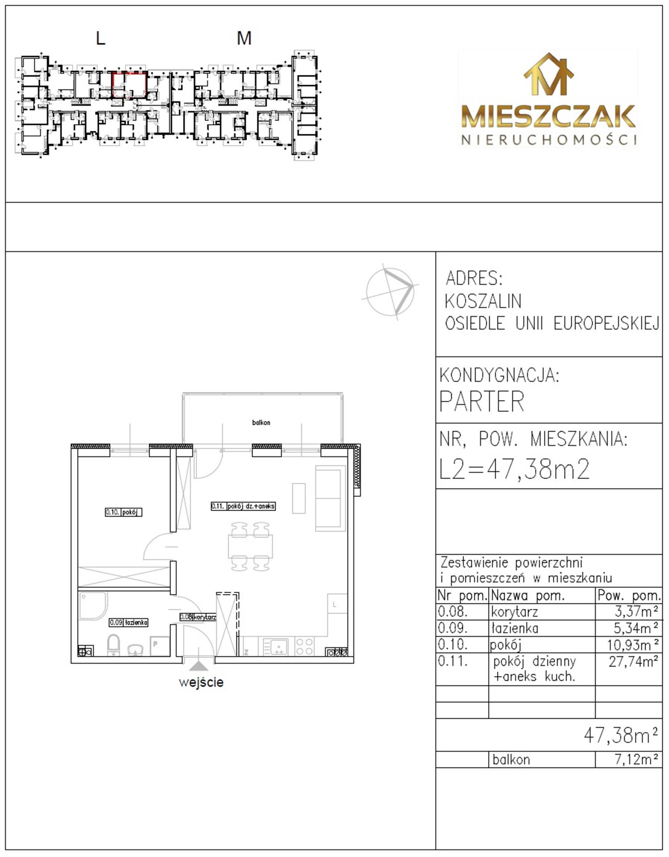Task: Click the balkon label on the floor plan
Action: click(x=261, y=422)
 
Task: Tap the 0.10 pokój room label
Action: click(x=124, y=512)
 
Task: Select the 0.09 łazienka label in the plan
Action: click(x=129, y=622)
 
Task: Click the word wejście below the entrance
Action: click(x=201, y=682)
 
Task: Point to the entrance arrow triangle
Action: click(x=199, y=666)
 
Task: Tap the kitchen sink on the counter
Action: click(x=276, y=647)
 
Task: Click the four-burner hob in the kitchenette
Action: click(x=305, y=647)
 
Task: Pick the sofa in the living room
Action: click(x=330, y=498)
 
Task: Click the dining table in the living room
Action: click(x=250, y=547)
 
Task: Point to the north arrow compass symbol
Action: click(x=390, y=291)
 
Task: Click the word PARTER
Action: click(x=482, y=402)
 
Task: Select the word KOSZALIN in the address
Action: click(x=483, y=301)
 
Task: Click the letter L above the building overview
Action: click(x=100, y=38)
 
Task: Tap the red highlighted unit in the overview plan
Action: click(x=130, y=84)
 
